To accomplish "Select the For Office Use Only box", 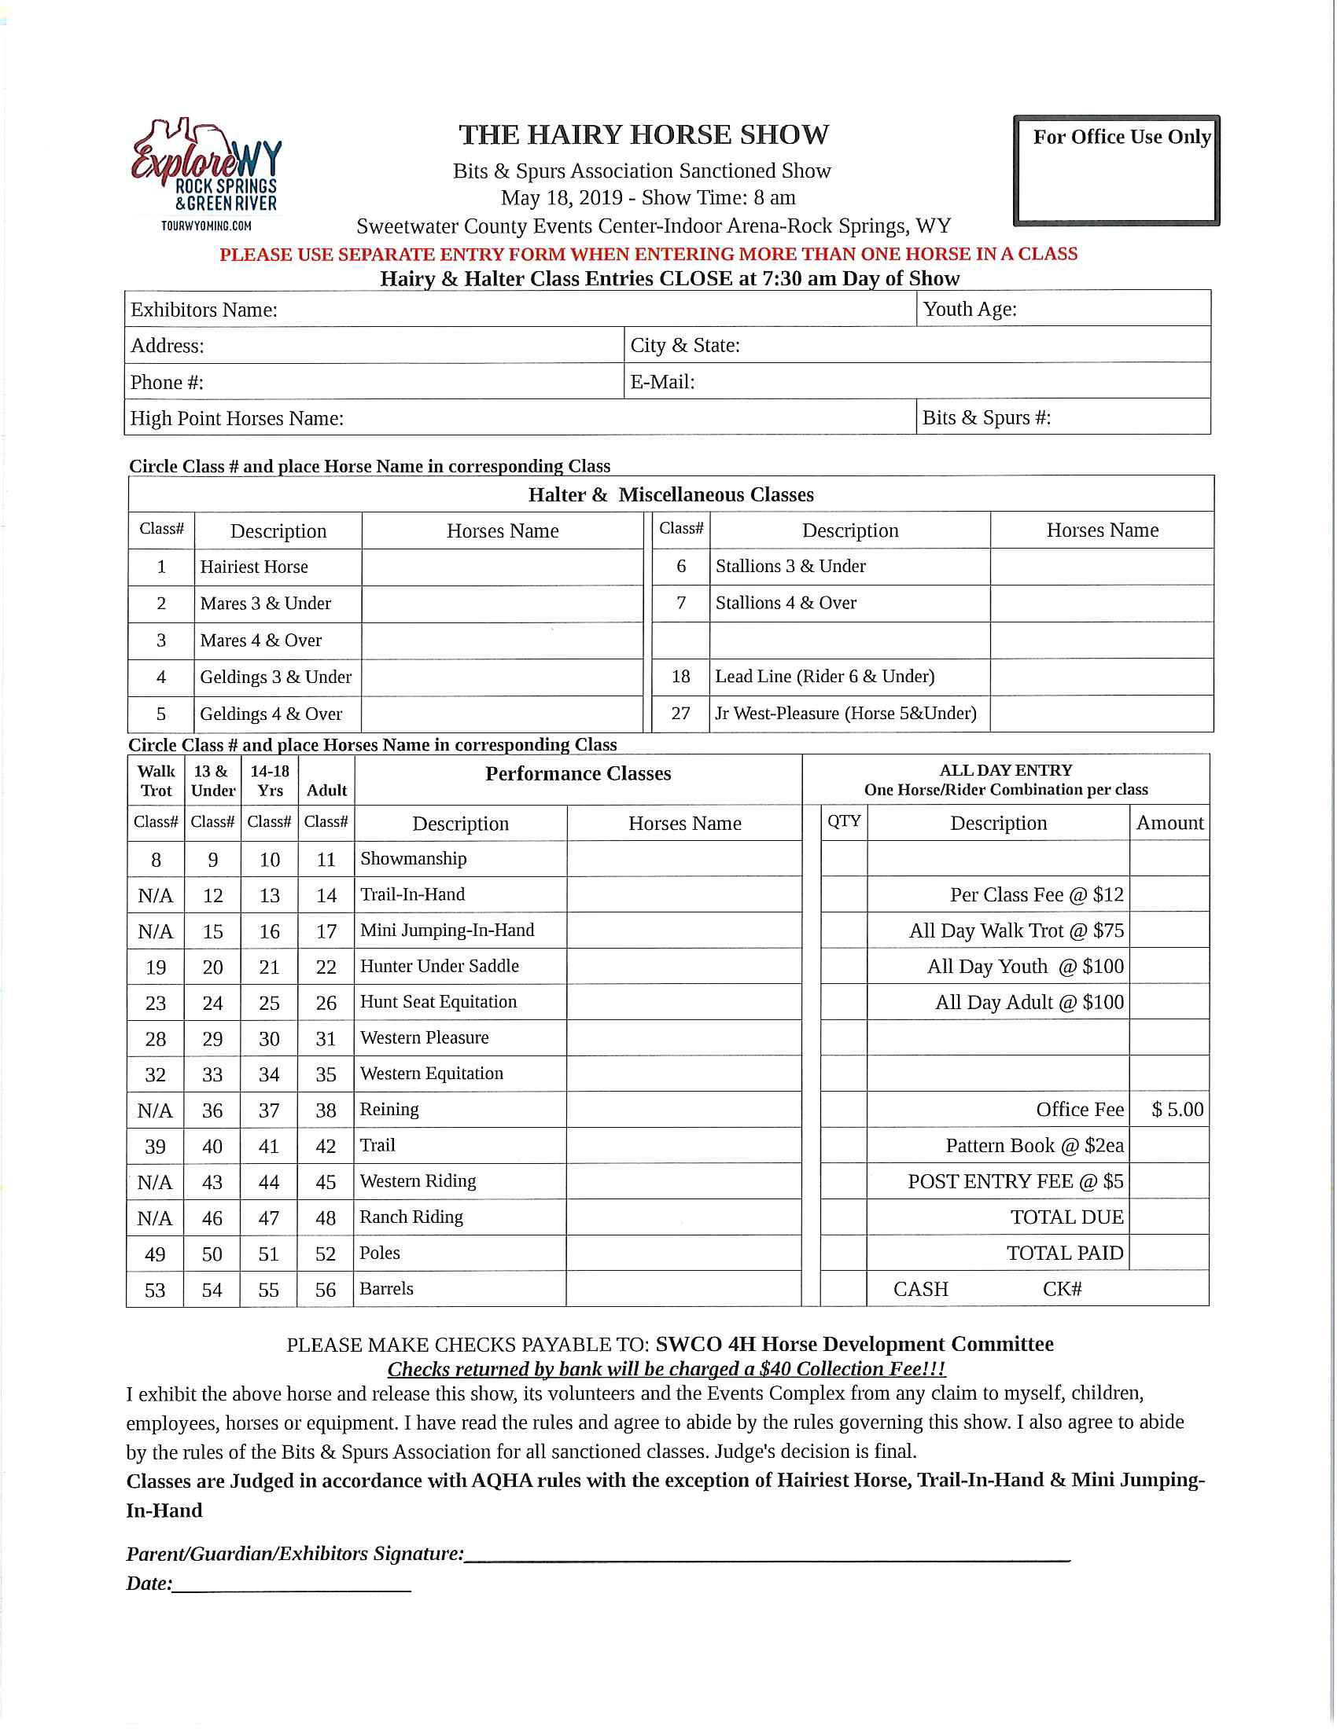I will click(x=1116, y=171).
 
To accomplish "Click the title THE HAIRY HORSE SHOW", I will click(x=643, y=135).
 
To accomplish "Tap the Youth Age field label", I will click(x=970, y=310).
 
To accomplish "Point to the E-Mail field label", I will click(x=662, y=383).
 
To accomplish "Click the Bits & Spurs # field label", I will click(x=986, y=418).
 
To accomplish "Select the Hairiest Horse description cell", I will click(x=254, y=567).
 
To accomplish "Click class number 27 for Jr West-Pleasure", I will click(x=680, y=714).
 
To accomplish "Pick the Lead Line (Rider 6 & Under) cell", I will click(x=824, y=677).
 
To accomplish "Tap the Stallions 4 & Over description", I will click(x=786, y=604).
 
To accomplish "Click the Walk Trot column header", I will click(x=156, y=780).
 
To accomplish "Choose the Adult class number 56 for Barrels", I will click(x=326, y=1290).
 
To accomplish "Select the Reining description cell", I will click(x=389, y=1110).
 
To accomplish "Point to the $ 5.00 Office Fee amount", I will click(x=1177, y=1110).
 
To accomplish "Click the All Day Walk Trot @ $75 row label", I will click(x=1016, y=931).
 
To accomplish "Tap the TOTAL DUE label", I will click(x=1066, y=1217).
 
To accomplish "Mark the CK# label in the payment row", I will click(x=1062, y=1290).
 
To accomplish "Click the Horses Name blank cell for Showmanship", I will click(x=684, y=860).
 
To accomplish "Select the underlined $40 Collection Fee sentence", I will click(x=666, y=1370).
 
